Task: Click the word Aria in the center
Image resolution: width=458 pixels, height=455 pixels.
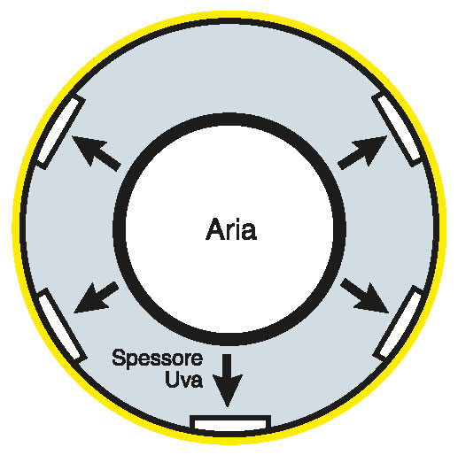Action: click(231, 229)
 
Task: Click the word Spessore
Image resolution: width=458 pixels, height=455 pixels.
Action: click(158, 359)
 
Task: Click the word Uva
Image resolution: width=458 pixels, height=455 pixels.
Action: click(184, 379)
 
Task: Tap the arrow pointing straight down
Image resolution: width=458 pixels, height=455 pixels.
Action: click(228, 380)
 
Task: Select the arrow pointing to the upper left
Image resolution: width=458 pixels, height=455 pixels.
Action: click(97, 153)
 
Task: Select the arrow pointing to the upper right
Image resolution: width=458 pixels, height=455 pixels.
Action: click(362, 152)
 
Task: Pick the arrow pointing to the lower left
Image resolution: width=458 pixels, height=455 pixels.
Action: click(96, 297)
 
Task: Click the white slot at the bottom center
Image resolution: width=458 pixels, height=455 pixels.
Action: click(230, 424)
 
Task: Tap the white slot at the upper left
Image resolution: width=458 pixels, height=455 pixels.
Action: click(59, 130)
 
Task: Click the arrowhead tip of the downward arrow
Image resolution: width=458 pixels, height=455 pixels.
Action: click(228, 407)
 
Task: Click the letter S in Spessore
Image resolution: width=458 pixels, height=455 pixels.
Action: click(119, 357)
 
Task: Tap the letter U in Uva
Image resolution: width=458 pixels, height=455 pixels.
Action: click(172, 379)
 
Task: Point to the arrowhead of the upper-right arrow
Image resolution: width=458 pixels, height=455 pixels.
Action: click(372, 148)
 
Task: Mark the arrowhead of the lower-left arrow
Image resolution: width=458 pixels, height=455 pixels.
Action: click(89, 302)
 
